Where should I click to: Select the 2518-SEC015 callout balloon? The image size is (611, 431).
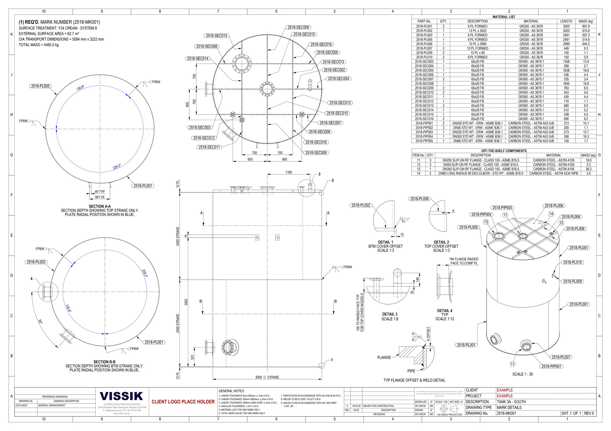click(x=216, y=36)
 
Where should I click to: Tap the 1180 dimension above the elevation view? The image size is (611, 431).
click(x=288, y=172)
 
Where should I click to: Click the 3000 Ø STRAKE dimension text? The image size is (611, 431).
click(x=267, y=377)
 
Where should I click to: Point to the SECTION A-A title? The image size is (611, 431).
click(x=99, y=206)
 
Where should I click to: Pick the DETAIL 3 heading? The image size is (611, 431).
click(x=390, y=314)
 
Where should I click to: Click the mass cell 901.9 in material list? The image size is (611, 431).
click(x=586, y=26)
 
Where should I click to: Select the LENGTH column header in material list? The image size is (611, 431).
click(x=566, y=21)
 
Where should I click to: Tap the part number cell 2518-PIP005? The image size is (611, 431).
click(x=424, y=141)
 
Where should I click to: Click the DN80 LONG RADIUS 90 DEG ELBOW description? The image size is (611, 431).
click(x=480, y=173)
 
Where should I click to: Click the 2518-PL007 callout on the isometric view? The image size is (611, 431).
click(x=561, y=357)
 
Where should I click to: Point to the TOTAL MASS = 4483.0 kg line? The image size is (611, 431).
click(x=39, y=45)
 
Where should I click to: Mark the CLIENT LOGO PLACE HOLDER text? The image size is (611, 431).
click(x=183, y=401)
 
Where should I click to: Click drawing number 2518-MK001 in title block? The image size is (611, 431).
click(x=506, y=413)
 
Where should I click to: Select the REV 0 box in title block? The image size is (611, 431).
click(x=589, y=413)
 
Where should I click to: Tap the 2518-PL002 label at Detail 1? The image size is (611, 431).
click(x=360, y=205)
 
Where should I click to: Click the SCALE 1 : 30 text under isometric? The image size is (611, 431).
click(x=522, y=374)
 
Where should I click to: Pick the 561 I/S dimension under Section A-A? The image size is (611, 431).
click(x=100, y=197)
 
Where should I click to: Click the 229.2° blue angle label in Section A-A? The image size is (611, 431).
click(x=117, y=166)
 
